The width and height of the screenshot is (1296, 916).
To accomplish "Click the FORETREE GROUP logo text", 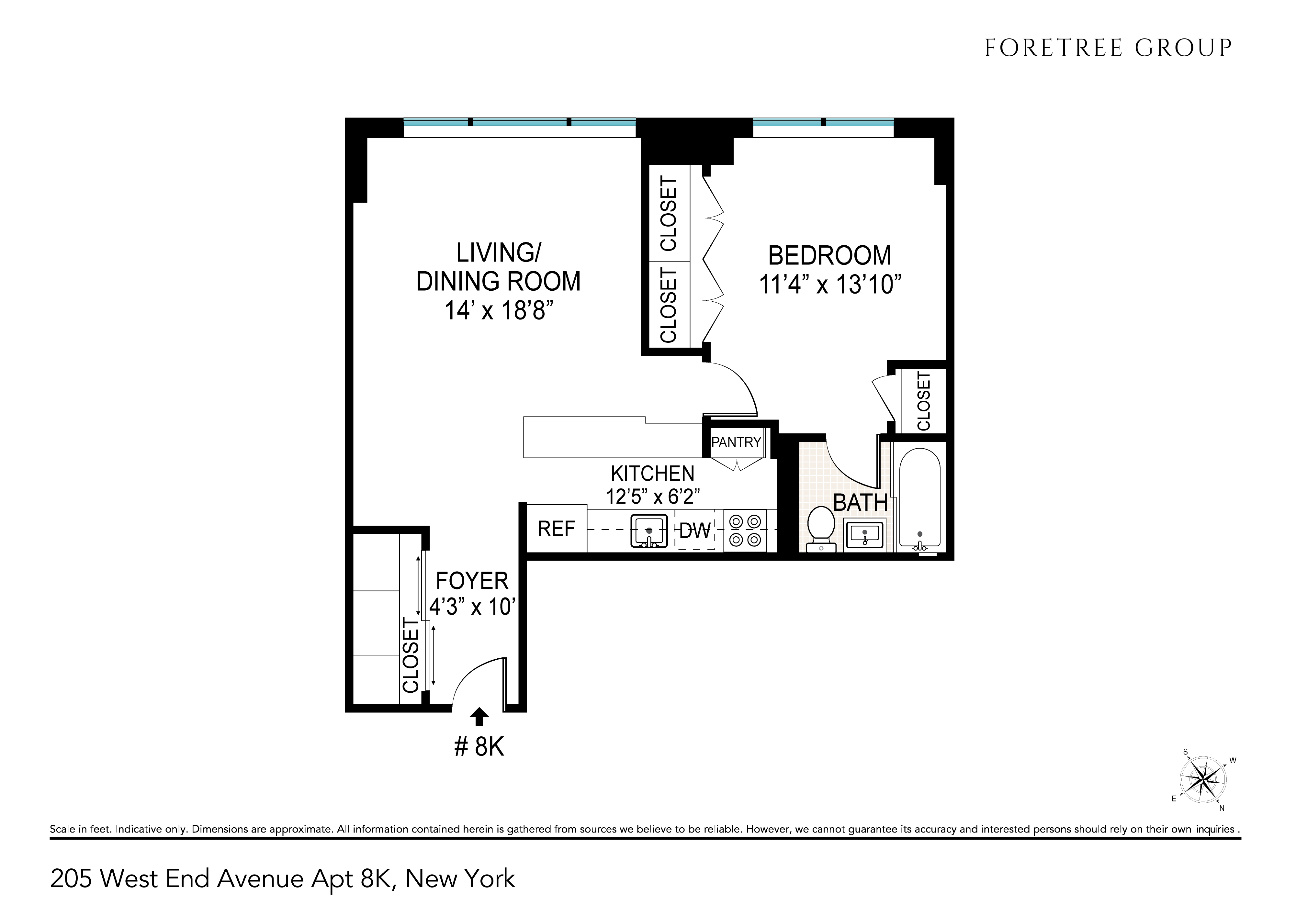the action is [1108, 49].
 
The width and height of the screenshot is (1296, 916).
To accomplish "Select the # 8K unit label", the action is [479, 747].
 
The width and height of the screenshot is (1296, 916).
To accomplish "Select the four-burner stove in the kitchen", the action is [745, 531].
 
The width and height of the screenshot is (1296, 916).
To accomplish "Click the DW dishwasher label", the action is [695, 531].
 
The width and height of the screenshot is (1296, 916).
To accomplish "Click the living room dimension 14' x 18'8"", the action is [498, 310].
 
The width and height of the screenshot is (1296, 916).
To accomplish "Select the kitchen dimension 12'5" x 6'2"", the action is [653, 497].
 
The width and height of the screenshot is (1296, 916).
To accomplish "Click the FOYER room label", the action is [472, 581].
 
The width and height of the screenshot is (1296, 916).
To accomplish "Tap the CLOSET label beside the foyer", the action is [411, 655].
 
